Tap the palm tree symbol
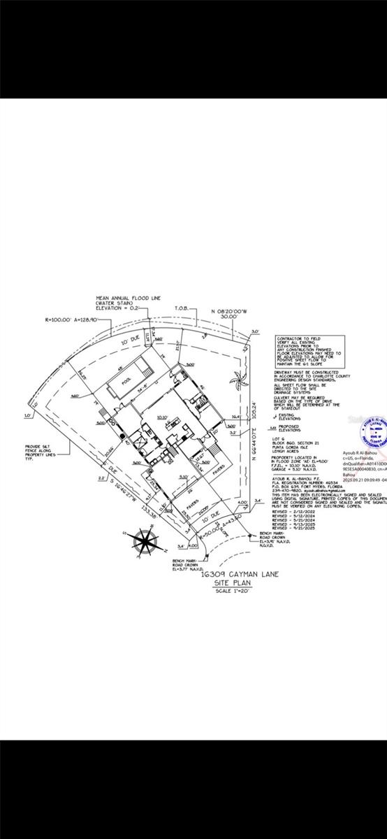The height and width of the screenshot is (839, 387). click(240, 382)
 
